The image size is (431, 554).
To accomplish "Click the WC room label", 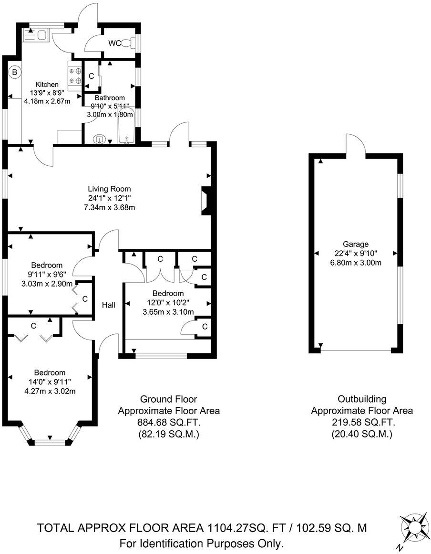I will (x=114, y=43).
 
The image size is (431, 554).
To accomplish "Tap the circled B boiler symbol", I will (x=15, y=73).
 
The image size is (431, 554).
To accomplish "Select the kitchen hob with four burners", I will (x=75, y=76).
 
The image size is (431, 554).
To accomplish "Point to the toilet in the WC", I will (x=127, y=43).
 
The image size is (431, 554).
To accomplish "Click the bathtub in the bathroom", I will (x=126, y=125).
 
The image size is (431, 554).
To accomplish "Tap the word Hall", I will (x=108, y=305).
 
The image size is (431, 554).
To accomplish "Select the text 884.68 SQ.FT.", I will (x=169, y=423).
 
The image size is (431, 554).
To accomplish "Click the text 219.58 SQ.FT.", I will (x=362, y=423).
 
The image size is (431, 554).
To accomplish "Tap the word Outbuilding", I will (x=362, y=399).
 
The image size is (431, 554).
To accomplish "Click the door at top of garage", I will (x=355, y=146).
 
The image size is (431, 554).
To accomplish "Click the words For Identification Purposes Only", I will (x=202, y=543).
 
